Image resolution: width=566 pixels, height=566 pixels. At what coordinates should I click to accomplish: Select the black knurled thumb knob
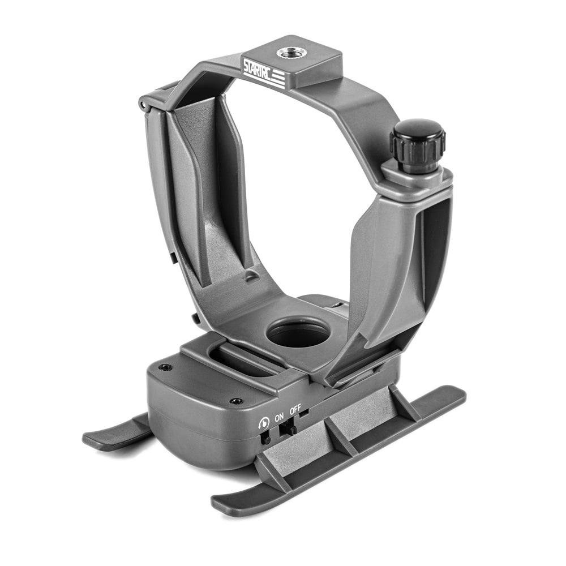point(417,147)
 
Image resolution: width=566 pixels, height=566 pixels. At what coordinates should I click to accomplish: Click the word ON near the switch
point(279,418)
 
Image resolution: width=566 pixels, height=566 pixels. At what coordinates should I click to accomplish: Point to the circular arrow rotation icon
point(264,422)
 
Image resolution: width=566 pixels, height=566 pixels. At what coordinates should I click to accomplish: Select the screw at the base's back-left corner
point(165,367)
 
